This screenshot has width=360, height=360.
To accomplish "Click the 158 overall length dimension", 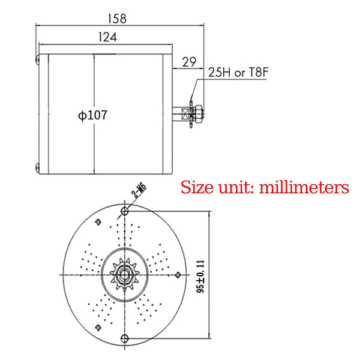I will [119, 18].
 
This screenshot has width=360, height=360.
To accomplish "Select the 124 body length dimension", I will [106, 37].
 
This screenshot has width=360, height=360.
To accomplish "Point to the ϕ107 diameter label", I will [92, 115].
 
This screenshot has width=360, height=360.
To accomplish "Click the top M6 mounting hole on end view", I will [124, 212].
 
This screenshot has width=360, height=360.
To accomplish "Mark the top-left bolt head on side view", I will [37, 59].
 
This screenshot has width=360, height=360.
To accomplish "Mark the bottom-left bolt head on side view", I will [37, 167].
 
